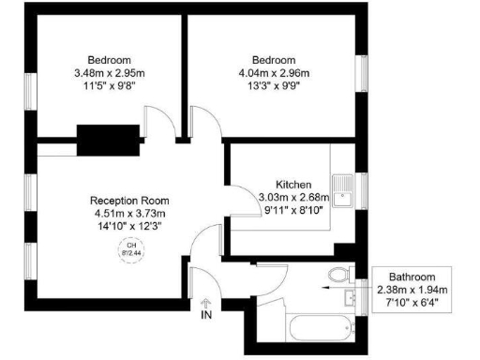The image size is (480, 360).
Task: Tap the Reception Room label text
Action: pyautogui.click(x=128, y=200)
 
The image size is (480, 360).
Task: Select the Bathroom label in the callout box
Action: pyautogui.click(x=413, y=277)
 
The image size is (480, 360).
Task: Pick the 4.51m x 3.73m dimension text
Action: pyautogui.click(x=128, y=213)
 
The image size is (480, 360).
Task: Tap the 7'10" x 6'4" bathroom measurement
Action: pyautogui.click(x=413, y=302)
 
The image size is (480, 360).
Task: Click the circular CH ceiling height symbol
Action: pyautogui.click(x=127, y=248)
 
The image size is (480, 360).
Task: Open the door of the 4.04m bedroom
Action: pyautogui.click(x=203, y=125)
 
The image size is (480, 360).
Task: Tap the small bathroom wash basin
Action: pyautogui.click(x=350, y=298)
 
